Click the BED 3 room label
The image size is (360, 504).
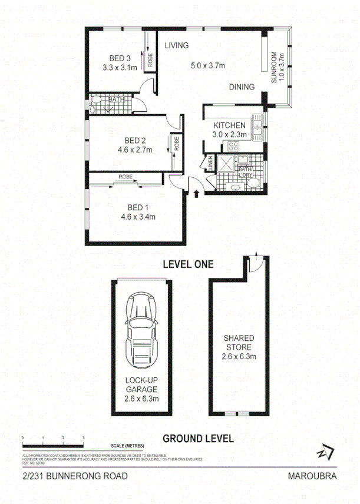coord(120,58)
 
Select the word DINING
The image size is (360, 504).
coord(242,87)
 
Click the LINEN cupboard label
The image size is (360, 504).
coord(210,164)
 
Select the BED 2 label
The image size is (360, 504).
coord(135,140)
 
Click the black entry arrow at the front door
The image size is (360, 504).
coord(196,193)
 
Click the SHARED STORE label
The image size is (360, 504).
coord(239,343)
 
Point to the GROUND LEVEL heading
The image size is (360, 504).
coord(197,438)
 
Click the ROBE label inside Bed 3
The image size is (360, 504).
coord(150,58)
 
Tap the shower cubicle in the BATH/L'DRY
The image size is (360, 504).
coord(225,163)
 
